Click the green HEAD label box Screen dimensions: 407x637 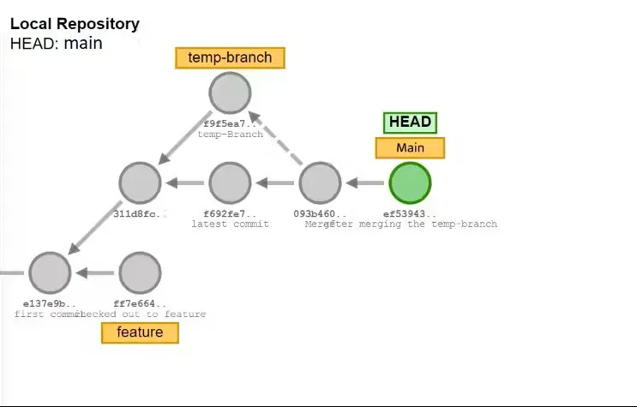click(x=410, y=122)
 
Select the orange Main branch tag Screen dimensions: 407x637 click(x=410, y=148)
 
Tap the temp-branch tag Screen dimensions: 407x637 click(x=230, y=58)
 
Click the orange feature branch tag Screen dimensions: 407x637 click(x=140, y=332)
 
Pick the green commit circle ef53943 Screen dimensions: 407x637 click(x=410, y=183)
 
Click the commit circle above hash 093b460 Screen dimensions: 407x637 click(x=320, y=183)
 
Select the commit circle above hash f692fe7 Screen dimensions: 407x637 click(x=230, y=183)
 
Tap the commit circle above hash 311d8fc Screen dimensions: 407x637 click(x=140, y=183)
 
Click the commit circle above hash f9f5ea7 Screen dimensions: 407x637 click(x=230, y=93)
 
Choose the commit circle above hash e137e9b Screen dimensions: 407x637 click(x=50, y=272)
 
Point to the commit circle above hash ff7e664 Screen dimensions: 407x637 click(x=140, y=272)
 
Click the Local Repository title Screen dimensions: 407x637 click(x=75, y=24)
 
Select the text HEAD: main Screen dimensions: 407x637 click(x=57, y=43)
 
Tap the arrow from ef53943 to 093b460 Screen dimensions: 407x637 click(x=364, y=183)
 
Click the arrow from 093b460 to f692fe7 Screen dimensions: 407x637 click(x=274, y=183)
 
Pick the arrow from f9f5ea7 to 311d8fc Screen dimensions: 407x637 click(x=184, y=137)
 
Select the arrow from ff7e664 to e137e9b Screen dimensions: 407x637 click(x=94, y=273)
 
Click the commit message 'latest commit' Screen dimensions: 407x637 click(x=230, y=224)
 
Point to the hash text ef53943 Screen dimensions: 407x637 click(x=410, y=213)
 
